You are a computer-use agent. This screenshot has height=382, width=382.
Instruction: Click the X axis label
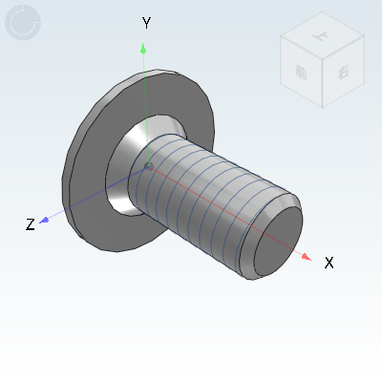(x=329, y=262)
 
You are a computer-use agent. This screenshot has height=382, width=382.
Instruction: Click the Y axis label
(x=146, y=22)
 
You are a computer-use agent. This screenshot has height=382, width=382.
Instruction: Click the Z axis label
(x=31, y=224)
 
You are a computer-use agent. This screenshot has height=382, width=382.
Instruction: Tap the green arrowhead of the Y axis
(x=143, y=47)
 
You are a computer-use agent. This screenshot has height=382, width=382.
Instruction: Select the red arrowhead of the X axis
(x=305, y=256)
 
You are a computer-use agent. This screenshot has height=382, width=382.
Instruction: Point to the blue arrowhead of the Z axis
(x=44, y=220)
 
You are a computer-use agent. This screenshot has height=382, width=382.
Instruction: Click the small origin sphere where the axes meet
(x=148, y=168)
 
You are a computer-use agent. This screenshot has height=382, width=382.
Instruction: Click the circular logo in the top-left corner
(x=23, y=23)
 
